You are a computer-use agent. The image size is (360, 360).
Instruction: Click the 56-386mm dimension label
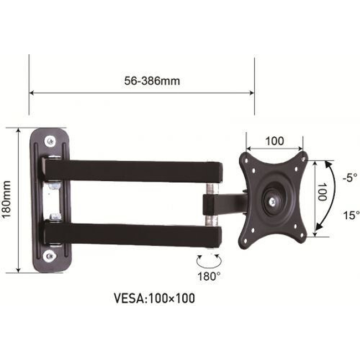click(x=152, y=81)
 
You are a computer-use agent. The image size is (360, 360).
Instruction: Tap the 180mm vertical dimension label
click(x=7, y=199)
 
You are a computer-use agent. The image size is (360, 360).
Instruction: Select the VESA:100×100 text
click(x=155, y=298)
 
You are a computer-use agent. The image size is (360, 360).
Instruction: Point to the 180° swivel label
click(x=209, y=276)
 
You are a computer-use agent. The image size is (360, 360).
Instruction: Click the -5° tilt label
click(x=350, y=177)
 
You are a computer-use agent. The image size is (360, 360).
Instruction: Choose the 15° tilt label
click(x=351, y=215)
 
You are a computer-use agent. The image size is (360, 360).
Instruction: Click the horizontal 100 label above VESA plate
click(x=275, y=141)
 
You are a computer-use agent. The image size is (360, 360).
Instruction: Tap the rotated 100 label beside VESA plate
click(x=322, y=192)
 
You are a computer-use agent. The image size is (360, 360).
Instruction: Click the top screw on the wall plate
click(x=50, y=141)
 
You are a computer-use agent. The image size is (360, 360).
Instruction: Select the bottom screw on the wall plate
click(x=50, y=255)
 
